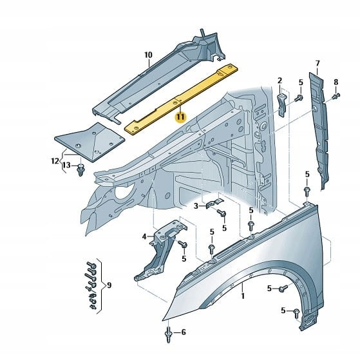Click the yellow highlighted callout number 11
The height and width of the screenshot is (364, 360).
(180, 117)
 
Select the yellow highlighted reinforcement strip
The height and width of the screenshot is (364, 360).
(181, 99)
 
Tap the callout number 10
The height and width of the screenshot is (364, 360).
(148, 55)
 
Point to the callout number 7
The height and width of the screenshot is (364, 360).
(317, 63)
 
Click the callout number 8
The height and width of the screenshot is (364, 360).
(336, 82)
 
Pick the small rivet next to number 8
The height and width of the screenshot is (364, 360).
(336, 95)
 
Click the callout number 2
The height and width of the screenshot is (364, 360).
(279, 81)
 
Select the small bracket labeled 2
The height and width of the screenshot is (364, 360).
(282, 105)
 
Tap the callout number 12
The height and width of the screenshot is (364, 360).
(55, 161)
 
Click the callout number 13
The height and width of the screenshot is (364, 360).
(66, 165)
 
